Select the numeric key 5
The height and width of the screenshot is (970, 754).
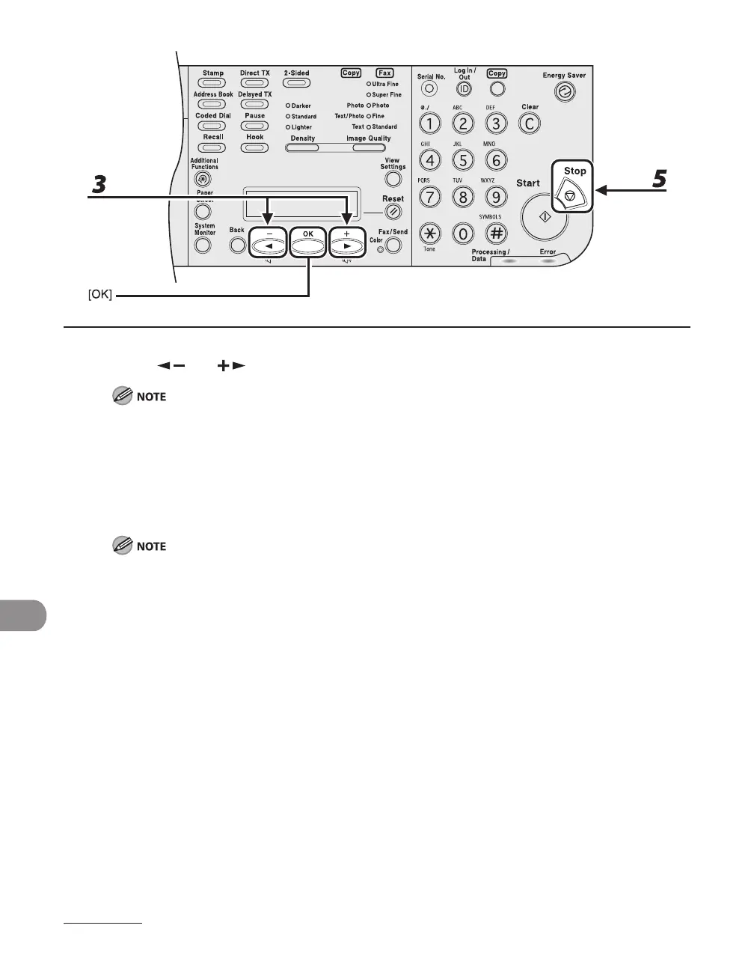463,159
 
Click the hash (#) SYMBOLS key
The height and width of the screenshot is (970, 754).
496,234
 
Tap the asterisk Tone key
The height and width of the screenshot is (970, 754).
430,234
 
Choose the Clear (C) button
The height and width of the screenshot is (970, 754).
530,123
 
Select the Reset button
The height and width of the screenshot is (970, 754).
393,213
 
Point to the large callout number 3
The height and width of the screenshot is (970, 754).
98,185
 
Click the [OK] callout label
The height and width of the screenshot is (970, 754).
99,296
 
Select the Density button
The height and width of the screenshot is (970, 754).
303,147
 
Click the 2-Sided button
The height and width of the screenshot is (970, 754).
296,83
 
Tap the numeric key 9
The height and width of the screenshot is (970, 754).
496,197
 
